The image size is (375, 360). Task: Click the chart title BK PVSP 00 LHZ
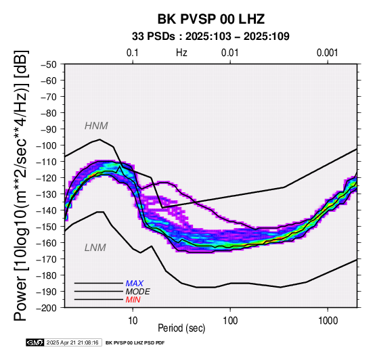coord(211,19)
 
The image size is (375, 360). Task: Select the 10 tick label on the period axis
coord(133,321)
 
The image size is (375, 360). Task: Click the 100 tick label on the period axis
coord(230,321)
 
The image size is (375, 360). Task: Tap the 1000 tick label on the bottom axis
coord(328,321)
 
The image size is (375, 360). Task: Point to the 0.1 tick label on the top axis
coord(133,53)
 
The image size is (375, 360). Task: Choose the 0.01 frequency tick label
coord(230,53)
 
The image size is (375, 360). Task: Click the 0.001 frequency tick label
coord(328,53)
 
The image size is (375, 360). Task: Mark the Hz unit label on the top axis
coord(181,53)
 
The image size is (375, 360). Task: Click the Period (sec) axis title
coord(181,328)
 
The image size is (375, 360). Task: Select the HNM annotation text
coord(96,126)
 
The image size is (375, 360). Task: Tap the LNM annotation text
coord(95,248)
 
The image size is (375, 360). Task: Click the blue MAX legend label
coord(135,284)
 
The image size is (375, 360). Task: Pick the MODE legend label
coord(138,292)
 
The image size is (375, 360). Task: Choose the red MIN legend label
coord(133,300)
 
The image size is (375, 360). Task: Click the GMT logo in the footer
coord(35,342)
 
